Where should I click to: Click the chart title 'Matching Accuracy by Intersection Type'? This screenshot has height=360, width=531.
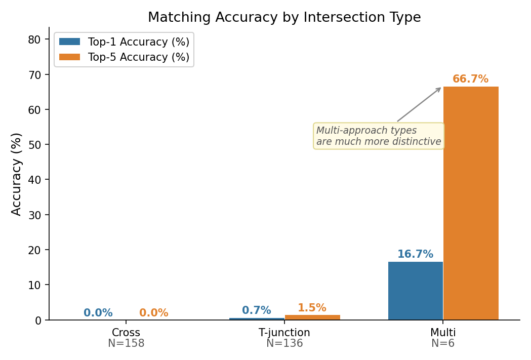284,18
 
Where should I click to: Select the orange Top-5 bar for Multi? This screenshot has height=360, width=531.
471,203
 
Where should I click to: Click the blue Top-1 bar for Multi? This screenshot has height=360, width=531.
415,291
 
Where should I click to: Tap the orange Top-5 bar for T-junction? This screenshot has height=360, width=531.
312,317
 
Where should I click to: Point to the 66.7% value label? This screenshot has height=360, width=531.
470,79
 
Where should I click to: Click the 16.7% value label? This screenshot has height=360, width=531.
415,255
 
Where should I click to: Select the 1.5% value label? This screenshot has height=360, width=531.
312,308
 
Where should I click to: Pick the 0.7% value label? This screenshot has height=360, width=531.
257,311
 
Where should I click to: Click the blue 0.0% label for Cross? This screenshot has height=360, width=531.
98,313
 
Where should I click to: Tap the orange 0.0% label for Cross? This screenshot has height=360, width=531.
154,313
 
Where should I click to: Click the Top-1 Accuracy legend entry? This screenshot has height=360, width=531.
125,42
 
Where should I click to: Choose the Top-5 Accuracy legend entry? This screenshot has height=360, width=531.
125,57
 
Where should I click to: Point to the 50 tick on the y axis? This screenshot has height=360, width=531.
35,145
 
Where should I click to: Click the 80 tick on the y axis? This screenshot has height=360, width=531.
35,39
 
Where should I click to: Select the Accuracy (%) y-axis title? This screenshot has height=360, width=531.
17,174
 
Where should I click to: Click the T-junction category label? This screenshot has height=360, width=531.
284,333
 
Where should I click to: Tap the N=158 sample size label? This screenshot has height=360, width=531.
126,344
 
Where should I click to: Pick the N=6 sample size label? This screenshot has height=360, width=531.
443,344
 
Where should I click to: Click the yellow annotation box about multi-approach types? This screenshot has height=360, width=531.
379,136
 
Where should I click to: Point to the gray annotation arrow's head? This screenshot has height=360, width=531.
440,89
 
